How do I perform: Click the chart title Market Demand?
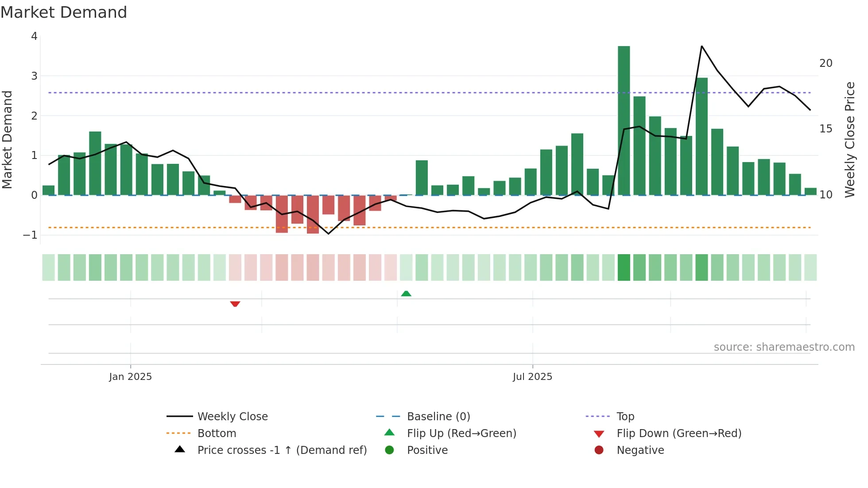(64, 12)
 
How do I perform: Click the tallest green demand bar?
(624, 120)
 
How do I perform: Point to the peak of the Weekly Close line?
(701, 46)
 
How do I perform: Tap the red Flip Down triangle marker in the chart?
(235, 304)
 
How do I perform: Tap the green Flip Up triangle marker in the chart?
(406, 294)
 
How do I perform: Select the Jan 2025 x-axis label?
(130, 377)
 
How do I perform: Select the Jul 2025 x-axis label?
(532, 377)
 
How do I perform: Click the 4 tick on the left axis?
(34, 36)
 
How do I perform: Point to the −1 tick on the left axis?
(30, 235)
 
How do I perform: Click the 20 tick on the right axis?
(825, 63)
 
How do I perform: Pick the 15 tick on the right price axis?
(825, 129)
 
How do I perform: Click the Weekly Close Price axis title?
(849, 139)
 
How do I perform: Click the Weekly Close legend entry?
(232, 417)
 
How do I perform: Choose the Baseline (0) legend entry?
(438, 417)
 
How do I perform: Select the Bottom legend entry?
(217, 434)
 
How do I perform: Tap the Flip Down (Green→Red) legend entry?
(678, 434)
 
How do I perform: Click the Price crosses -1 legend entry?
(282, 450)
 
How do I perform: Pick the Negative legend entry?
(640, 450)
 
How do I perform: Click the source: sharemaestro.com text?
(784, 347)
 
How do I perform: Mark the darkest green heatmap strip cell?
(624, 267)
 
